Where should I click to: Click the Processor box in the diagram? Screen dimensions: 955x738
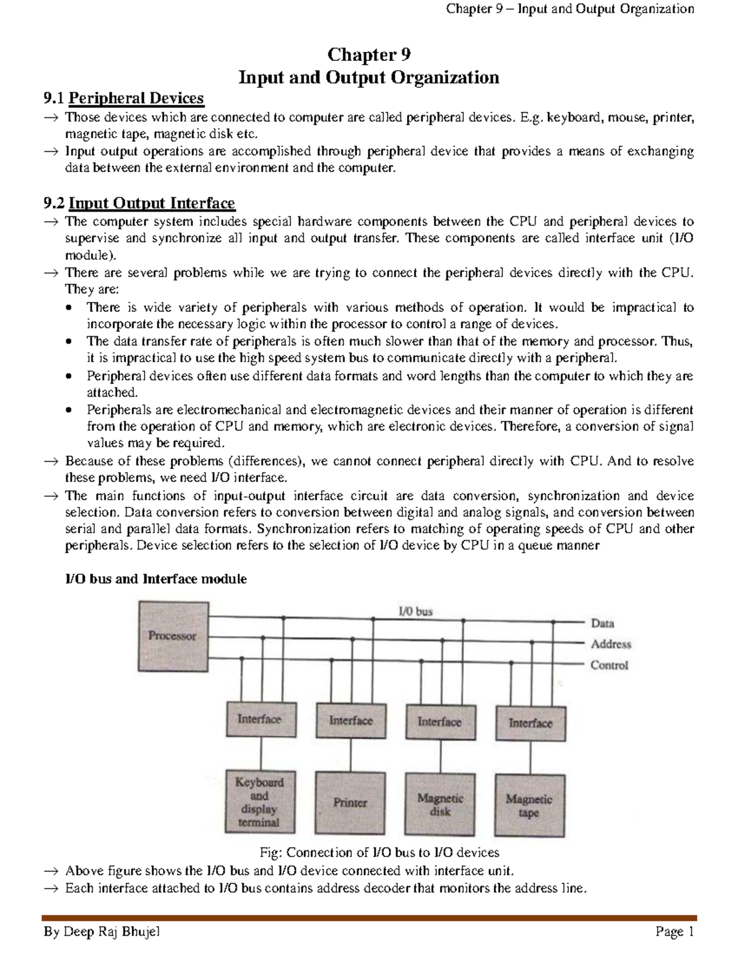172,636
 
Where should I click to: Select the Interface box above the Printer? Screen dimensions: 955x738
351,720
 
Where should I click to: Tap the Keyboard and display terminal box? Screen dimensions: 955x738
259,802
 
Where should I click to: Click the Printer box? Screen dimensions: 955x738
351,802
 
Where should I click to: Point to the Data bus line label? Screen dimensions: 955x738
602,623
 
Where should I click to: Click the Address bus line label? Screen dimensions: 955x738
611,644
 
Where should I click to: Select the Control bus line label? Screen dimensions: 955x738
609,665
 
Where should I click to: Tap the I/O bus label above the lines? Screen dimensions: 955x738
415,611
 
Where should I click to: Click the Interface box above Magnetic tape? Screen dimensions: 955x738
530,723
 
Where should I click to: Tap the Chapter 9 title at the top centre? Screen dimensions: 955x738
368,55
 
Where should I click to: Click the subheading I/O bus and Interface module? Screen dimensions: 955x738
156,579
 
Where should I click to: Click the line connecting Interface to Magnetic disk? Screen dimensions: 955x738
440,756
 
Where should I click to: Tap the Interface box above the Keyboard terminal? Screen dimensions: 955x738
260,719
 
